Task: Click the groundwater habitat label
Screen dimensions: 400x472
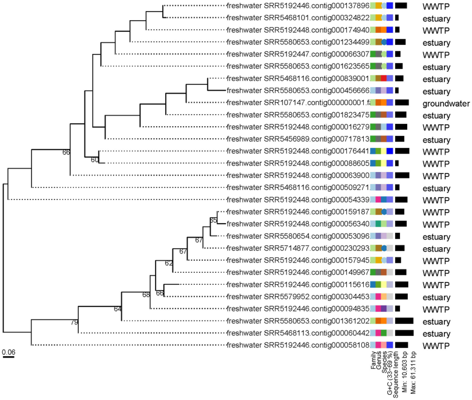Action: click(x=446, y=104)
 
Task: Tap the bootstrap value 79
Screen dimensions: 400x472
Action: click(x=74, y=322)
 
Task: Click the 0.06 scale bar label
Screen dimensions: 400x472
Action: click(x=9, y=352)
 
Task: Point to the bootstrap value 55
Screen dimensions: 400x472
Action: click(x=213, y=220)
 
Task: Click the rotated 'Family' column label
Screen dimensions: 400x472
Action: click(x=373, y=360)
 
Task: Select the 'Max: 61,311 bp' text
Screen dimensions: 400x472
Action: click(x=413, y=373)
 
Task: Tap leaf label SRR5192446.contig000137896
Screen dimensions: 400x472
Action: click(x=298, y=6)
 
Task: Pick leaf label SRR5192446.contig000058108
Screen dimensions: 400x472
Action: click(x=298, y=345)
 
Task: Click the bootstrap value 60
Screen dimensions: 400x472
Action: click(x=95, y=160)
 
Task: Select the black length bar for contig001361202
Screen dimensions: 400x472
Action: click(x=404, y=321)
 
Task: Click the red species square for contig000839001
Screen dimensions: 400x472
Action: click(x=384, y=78)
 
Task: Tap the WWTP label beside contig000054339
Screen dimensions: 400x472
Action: click(x=436, y=200)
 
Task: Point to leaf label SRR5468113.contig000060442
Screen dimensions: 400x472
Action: click(x=298, y=333)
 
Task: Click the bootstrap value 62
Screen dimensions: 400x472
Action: click(x=169, y=263)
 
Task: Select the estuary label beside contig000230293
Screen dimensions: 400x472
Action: click(x=436, y=249)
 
